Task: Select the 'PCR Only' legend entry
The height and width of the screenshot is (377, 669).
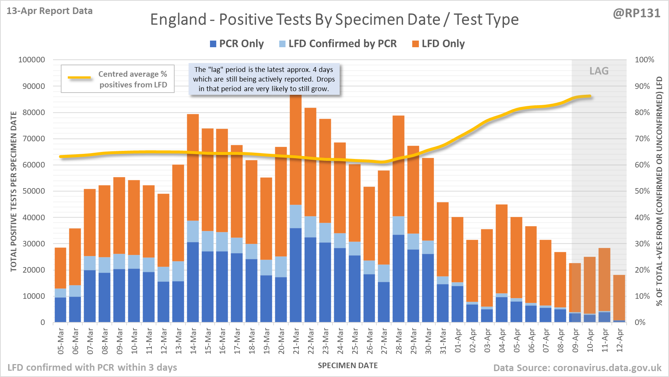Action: [237, 44]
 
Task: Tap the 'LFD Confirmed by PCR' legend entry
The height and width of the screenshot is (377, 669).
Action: [338, 44]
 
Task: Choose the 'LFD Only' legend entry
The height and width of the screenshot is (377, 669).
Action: [438, 44]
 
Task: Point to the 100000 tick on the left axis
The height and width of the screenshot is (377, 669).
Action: [32, 60]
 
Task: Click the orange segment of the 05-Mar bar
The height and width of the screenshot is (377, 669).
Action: [60, 268]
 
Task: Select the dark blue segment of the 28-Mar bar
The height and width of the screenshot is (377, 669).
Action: [399, 279]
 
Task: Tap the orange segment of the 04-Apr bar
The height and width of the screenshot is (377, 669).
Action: [502, 249]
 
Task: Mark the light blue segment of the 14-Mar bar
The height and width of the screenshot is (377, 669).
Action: [193, 231]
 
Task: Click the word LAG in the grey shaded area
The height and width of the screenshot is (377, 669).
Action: [599, 71]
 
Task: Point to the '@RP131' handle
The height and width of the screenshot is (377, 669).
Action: [637, 13]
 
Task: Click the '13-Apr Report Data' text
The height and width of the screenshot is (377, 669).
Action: [50, 11]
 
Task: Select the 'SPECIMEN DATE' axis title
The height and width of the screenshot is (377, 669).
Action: [348, 366]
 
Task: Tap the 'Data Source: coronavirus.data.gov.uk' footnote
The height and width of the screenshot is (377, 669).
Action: [577, 368]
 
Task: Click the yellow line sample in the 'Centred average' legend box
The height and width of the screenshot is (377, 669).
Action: [80, 77]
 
